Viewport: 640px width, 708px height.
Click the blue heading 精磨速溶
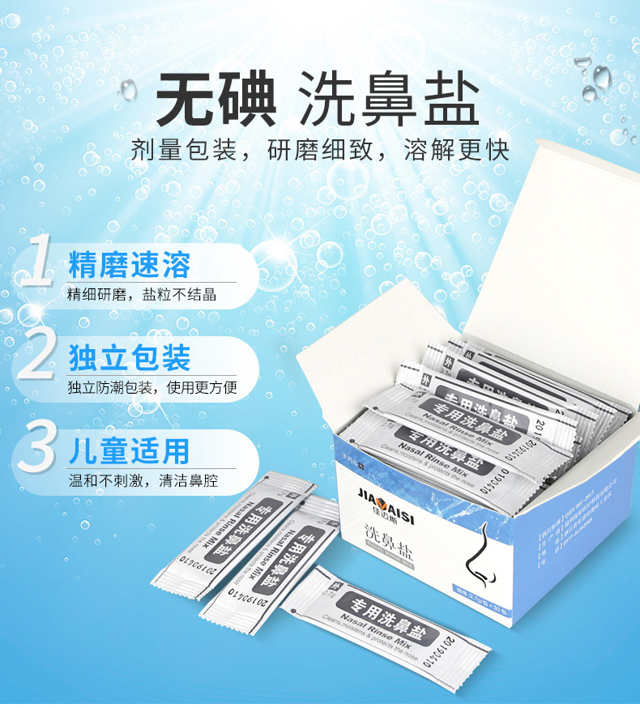tap(130, 264)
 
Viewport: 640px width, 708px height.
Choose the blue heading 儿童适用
tap(130, 450)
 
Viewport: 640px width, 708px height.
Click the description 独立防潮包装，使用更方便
tap(152, 387)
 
